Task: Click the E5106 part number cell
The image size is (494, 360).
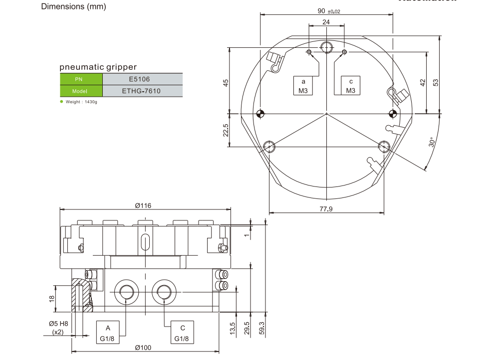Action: click(x=142, y=79)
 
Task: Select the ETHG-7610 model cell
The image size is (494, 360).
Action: click(x=142, y=91)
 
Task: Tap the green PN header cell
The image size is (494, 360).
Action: click(x=80, y=79)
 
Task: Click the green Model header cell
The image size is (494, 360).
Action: click(x=80, y=91)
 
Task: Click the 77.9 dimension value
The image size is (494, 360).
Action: click(x=326, y=209)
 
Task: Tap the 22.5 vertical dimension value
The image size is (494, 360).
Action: click(x=226, y=130)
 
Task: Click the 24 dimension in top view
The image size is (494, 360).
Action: click(x=326, y=22)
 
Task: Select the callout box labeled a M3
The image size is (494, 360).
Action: click(x=302, y=86)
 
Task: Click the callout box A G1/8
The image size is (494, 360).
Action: click(x=107, y=333)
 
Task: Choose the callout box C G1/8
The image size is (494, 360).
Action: click(x=183, y=333)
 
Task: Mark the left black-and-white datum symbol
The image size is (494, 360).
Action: click(x=259, y=113)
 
